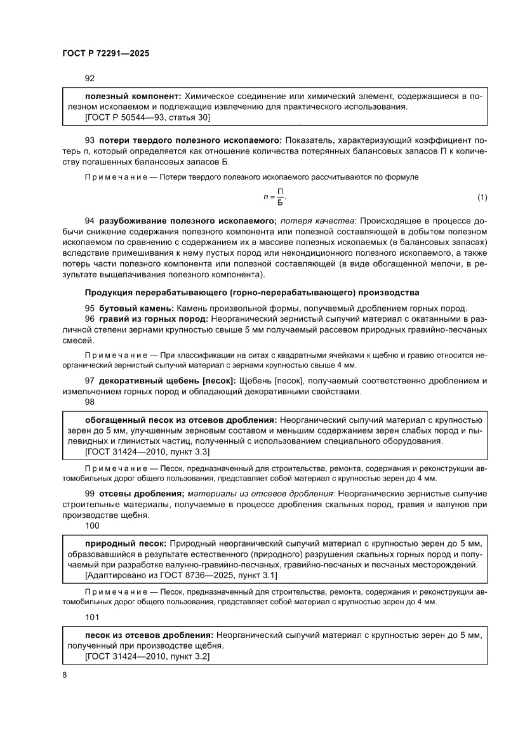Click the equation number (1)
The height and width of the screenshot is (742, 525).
pyautogui.click(x=482, y=198)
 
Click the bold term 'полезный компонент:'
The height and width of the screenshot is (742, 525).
pyautogui.click(x=133, y=96)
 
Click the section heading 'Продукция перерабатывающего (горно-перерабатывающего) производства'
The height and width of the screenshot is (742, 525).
pyautogui.click(x=251, y=292)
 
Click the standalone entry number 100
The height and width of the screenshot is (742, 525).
pyautogui.click(x=92, y=526)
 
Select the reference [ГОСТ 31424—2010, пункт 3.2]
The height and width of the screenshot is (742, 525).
pyautogui.click(x=147, y=657)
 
